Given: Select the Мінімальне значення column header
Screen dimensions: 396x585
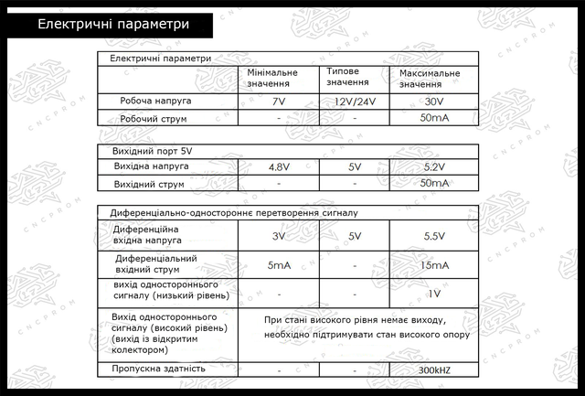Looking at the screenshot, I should [x=271, y=78].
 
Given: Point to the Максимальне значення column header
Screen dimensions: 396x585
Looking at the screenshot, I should [x=430, y=78].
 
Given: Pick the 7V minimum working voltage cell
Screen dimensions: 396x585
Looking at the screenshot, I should [x=279, y=102].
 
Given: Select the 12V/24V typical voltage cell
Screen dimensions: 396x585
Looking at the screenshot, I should [x=354, y=102].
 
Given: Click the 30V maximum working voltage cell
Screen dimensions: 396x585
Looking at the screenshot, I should [x=433, y=102].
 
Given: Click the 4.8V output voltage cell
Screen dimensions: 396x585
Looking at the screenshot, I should [x=279, y=167].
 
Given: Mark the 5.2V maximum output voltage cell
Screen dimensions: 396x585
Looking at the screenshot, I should [x=433, y=167].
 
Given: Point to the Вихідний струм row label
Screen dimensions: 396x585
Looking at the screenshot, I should [x=150, y=184].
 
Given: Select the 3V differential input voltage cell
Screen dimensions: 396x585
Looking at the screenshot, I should [x=279, y=237].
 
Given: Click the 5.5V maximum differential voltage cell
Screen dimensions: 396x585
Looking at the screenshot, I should [x=433, y=237].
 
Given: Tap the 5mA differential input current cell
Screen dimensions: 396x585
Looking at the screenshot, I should [x=279, y=265].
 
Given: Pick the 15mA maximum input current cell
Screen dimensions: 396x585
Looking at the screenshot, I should [x=433, y=265].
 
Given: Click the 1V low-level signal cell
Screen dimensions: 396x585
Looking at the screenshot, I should [x=434, y=294].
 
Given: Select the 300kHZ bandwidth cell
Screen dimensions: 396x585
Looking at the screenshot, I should [x=433, y=370].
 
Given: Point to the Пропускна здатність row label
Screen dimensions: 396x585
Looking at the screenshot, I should [x=157, y=369].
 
